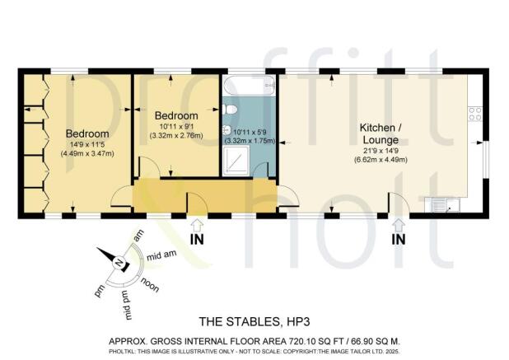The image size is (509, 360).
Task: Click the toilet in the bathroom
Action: coord(231,109)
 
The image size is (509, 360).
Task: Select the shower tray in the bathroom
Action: coord(238,163)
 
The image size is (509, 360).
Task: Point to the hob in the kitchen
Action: coord(475,113)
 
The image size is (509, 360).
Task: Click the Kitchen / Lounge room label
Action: coord(380,134)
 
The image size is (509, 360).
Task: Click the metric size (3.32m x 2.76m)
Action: coord(175,134)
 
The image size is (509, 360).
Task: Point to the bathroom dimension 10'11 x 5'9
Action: coord(250,132)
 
